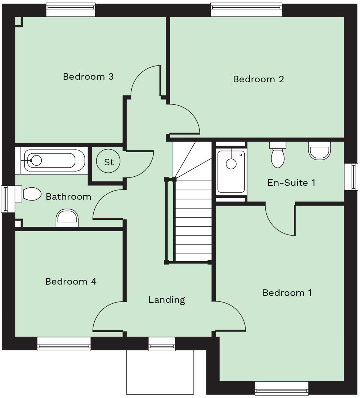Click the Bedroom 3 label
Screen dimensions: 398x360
click(x=88, y=77)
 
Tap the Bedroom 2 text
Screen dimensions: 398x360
click(x=258, y=79)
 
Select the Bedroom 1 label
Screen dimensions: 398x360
click(x=287, y=293)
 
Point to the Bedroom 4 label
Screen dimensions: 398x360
click(x=71, y=281)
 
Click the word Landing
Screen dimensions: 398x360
click(x=166, y=300)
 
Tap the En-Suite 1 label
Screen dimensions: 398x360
click(x=291, y=183)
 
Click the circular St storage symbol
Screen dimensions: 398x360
click(x=109, y=162)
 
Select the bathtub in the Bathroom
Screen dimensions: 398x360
click(x=55, y=160)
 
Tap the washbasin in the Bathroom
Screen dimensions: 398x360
click(x=67, y=218)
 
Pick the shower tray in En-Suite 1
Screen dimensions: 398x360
click(x=231, y=171)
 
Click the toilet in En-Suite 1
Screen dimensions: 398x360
click(x=278, y=156)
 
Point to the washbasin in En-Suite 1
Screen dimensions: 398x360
click(x=319, y=151)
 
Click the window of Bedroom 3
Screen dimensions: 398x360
click(x=71, y=10)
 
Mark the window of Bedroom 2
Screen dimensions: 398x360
click(x=246, y=10)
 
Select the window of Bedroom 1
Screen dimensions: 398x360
click(x=281, y=388)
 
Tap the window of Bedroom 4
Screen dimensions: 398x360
click(x=64, y=344)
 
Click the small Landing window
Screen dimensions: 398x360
click(x=161, y=344)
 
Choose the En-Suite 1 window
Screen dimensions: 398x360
click(x=351, y=177)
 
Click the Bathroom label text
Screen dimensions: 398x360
click(x=68, y=197)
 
